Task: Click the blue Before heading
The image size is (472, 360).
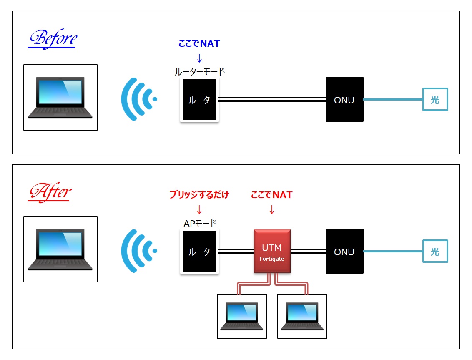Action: pyautogui.click(x=53, y=38)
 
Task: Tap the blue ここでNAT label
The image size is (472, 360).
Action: pyautogui.click(x=199, y=43)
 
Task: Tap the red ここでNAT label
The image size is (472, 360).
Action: pyautogui.click(x=271, y=195)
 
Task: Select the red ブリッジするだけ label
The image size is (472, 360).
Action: pyautogui.click(x=199, y=195)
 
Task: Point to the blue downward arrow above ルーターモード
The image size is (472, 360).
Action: pyautogui.click(x=199, y=58)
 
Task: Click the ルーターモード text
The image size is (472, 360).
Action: pyautogui.click(x=200, y=72)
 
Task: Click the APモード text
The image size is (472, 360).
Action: pyautogui.click(x=200, y=224)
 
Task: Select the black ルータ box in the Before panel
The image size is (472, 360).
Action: pyautogui.click(x=199, y=100)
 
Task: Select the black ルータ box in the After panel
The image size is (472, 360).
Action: pyautogui.click(x=199, y=252)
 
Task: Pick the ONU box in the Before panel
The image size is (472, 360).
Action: pyautogui.click(x=344, y=100)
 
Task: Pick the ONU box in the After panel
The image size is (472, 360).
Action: pyautogui.click(x=344, y=252)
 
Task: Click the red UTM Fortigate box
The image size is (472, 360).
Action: pyautogui.click(x=272, y=252)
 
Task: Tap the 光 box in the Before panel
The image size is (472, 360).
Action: pyautogui.click(x=435, y=100)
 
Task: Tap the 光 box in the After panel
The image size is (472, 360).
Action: pyautogui.click(x=435, y=252)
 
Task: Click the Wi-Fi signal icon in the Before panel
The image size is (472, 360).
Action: pyautogui.click(x=138, y=99)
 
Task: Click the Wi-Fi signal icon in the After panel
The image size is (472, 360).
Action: pyautogui.click(x=138, y=251)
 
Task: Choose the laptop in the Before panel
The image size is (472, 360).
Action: pyautogui.click(x=60, y=98)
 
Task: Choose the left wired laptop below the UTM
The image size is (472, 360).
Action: pyautogui.click(x=242, y=316)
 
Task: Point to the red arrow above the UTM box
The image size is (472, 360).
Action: pyautogui.click(x=272, y=209)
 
